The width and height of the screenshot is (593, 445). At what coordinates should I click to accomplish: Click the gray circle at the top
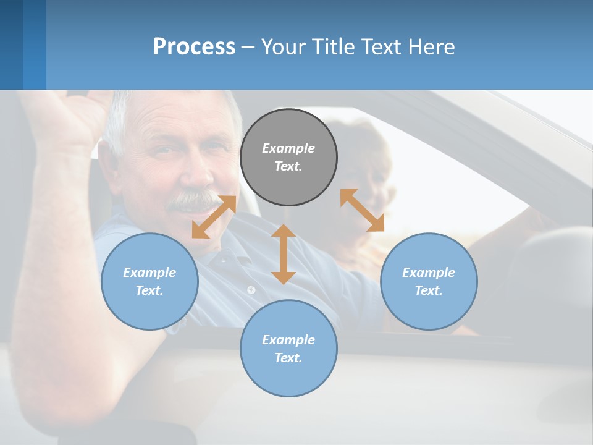click(288, 130)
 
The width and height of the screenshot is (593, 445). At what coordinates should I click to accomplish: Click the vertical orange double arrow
click(284, 254)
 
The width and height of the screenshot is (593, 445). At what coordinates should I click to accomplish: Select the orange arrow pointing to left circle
click(214, 216)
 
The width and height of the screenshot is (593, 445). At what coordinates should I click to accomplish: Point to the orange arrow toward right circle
click(362, 210)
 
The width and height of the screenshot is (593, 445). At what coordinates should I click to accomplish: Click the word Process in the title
click(194, 46)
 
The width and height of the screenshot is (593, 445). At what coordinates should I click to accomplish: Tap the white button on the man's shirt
click(251, 289)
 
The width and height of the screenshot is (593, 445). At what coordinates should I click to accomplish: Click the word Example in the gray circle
click(288, 148)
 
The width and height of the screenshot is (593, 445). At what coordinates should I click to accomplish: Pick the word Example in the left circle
click(149, 273)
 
